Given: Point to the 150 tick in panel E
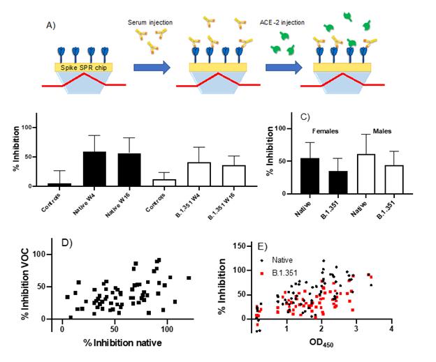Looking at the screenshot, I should tap(238, 247).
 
